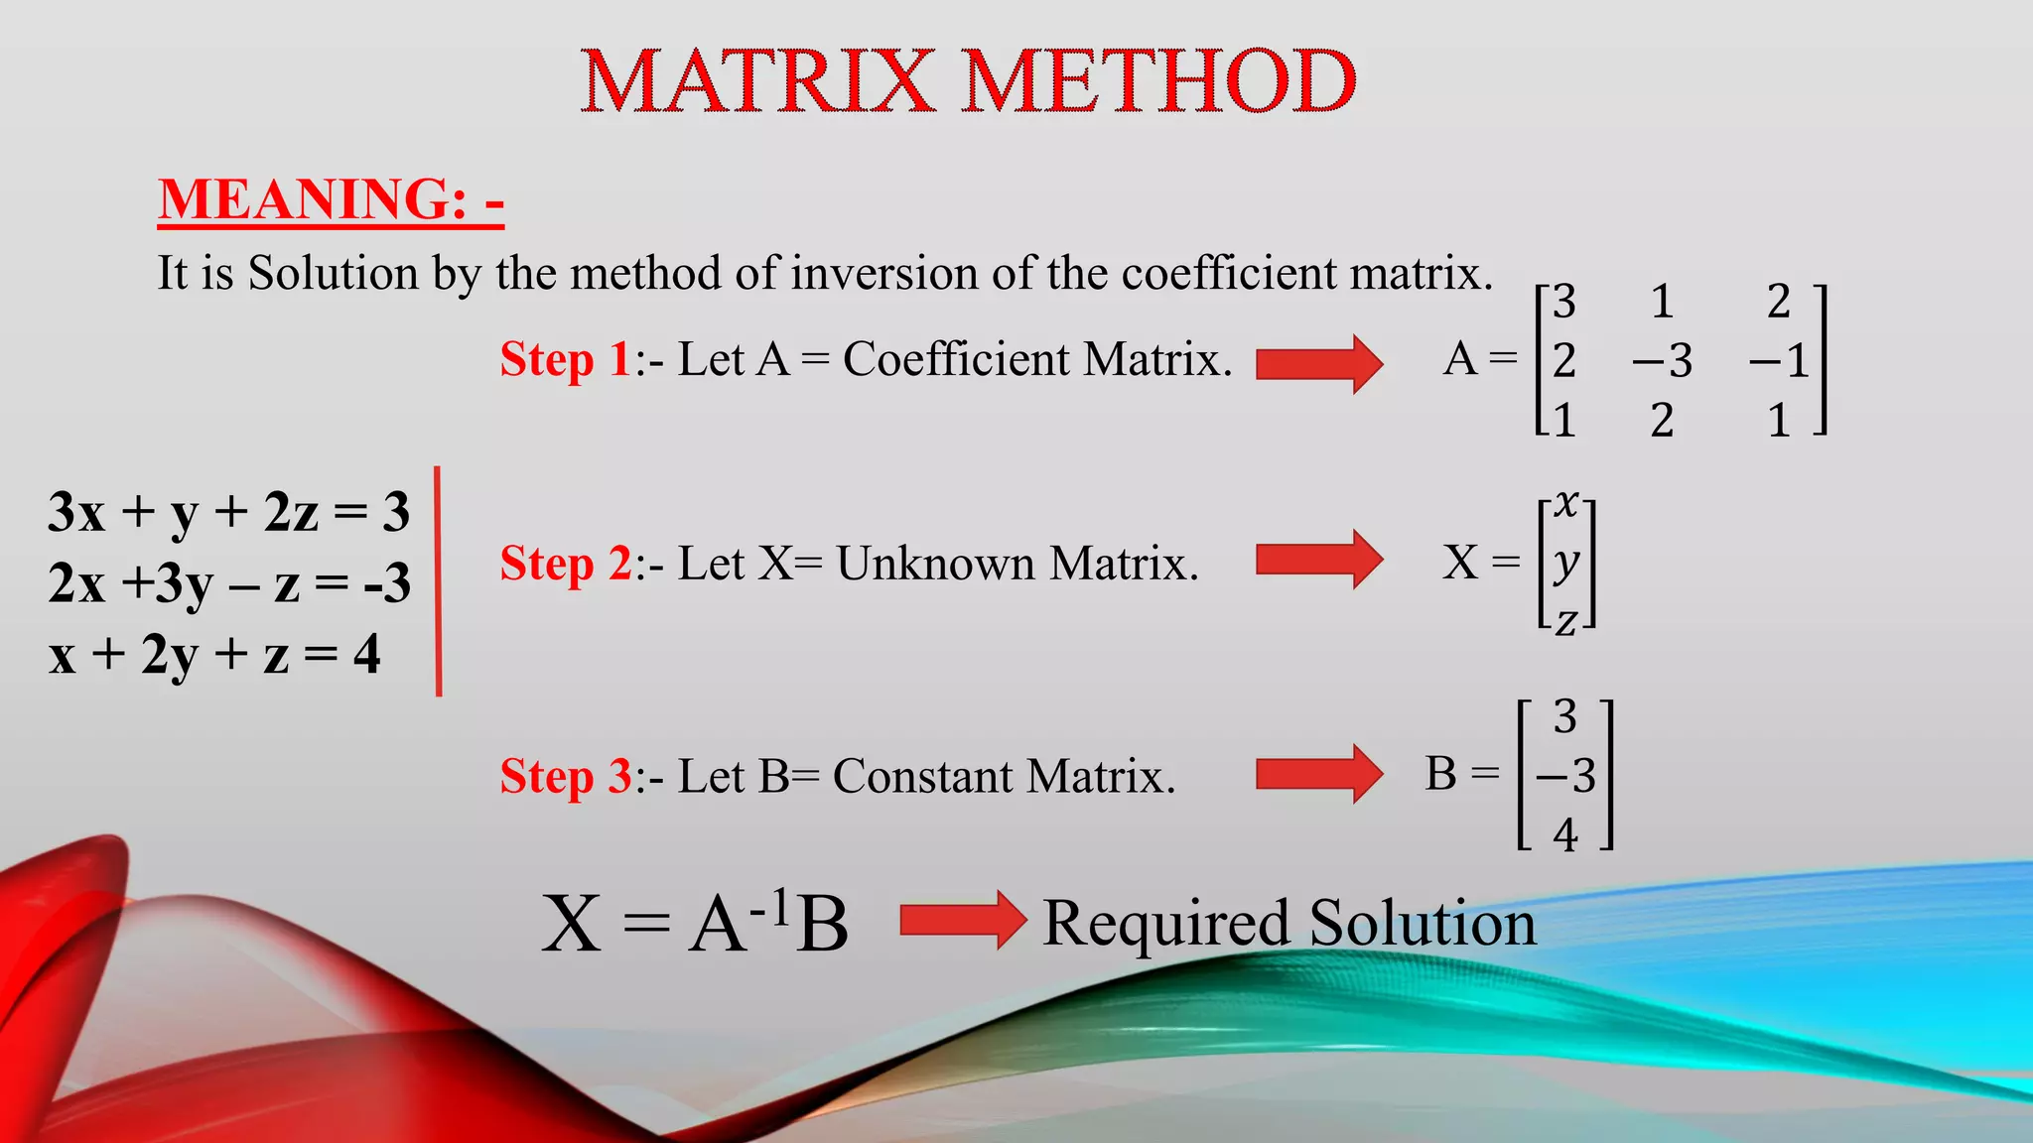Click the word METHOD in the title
(x=1158, y=81)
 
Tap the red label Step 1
(x=565, y=359)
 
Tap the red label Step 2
(x=565, y=564)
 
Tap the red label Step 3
(x=565, y=776)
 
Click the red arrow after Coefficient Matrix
(x=1318, y=364)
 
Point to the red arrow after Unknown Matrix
(x=1318, y=560)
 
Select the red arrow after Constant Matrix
(x=1318, y=773)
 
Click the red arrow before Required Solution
(x=962, y=921)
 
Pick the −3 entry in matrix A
(x=1662, y=361)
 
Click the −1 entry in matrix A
(x=1779, y=361)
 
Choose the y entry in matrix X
(x=1566, y=563)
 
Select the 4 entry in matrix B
(x=1565, y=834)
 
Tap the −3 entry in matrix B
(x=1565, y=775)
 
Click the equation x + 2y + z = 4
(x=214, y=655)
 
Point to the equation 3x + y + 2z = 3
(x=228, y=512)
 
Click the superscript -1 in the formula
(x=770, y=907)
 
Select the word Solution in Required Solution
(x=1423, y=923)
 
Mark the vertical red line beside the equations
(x=438, y=581)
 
